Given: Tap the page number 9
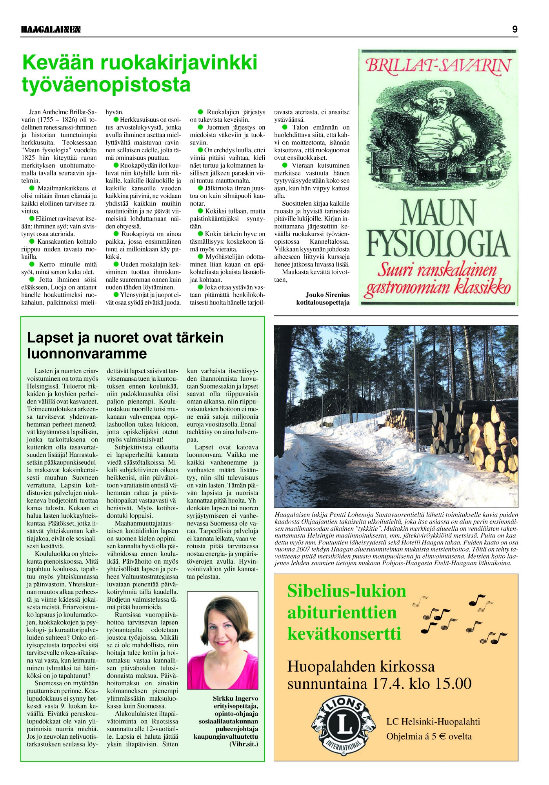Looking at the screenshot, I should [514, 29].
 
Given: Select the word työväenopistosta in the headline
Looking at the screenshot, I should [106, 85].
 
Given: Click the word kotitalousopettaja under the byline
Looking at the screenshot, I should [323, 303].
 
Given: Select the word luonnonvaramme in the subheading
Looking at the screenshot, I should [87, 354].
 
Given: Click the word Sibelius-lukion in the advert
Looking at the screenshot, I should [347, 591].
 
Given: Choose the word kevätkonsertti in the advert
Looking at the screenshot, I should [344, 633].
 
